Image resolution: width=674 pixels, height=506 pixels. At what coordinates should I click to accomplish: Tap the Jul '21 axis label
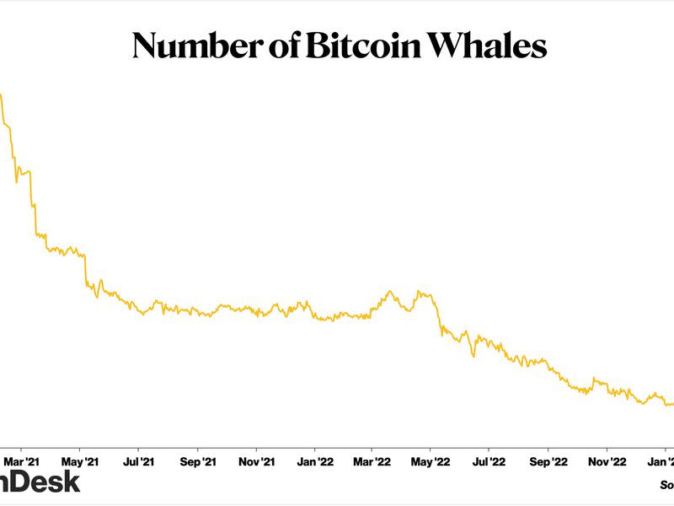coord(138,462)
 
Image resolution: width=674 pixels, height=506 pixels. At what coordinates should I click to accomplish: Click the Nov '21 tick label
coord(256,462)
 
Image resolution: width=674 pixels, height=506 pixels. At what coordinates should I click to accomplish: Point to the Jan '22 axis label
coord(315,462)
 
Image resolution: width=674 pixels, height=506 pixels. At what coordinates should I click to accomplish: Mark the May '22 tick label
coord(431,462)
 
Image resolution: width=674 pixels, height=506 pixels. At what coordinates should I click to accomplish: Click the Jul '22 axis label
coord(489,462)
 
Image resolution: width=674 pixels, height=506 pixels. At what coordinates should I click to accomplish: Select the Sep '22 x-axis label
coord(548,462)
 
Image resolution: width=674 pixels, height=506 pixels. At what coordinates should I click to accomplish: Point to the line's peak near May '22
coord(420,292)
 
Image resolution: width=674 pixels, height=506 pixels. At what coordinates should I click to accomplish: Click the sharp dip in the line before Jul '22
coord(473,356)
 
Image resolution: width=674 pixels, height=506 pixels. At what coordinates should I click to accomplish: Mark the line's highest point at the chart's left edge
coord(1,94)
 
